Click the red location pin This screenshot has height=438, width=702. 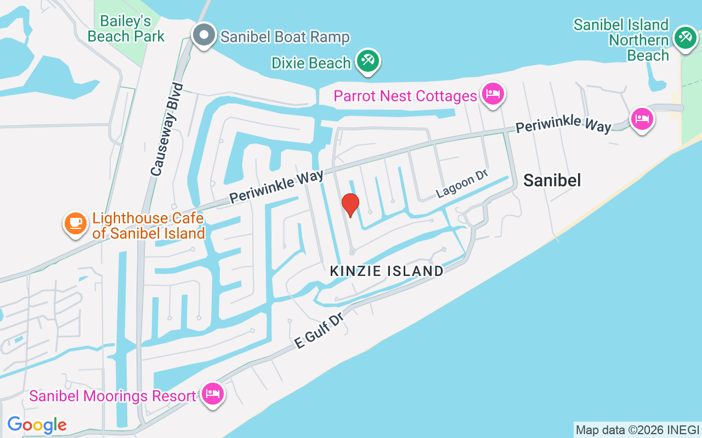350,205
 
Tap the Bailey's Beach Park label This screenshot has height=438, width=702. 126,29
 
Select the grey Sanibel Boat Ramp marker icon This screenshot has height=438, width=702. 204,35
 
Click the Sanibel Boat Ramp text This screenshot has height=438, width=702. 285,37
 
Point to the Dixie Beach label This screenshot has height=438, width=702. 311,63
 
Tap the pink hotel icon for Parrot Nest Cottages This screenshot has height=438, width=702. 492,94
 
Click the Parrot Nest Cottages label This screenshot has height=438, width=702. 405,96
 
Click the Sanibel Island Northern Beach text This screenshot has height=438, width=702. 621,40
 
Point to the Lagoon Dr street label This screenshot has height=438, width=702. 462,184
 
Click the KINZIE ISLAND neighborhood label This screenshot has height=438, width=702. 387,270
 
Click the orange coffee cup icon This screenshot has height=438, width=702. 76,223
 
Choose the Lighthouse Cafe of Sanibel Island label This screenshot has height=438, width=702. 148,226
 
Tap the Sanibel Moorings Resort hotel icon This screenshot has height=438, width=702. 212,394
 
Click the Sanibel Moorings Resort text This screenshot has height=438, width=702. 112,396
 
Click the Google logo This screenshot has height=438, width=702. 37,425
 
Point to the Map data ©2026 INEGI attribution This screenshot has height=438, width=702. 637,430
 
